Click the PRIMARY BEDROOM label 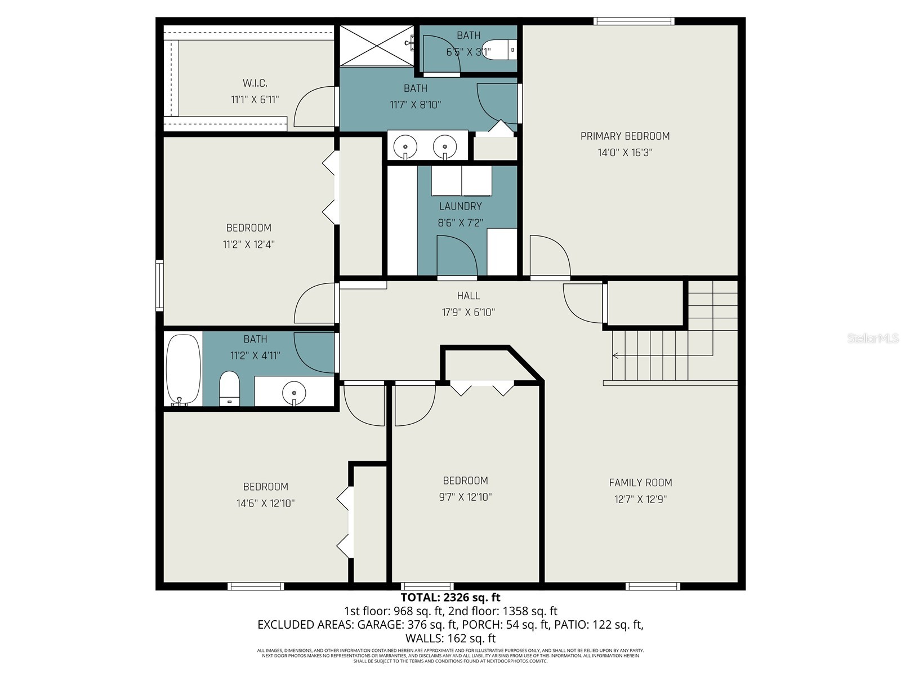coord(625,136)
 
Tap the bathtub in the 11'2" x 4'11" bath coord(183,369)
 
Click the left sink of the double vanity coord(405,147)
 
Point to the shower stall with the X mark coord(376,45)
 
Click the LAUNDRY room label coord(460,206)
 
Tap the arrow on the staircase coord(616,355)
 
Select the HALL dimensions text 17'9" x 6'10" coord(468,312)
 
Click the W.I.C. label coord(255,83)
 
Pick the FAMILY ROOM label coord(640,482)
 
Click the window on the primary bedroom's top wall coord(634,21)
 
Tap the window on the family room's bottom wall coord(653,586)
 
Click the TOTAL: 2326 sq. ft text coord(450,597)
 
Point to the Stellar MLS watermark coord(872,338)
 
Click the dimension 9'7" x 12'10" coord(465,497)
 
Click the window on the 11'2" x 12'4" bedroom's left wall coord(160,285)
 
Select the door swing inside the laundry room coord(456,256)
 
